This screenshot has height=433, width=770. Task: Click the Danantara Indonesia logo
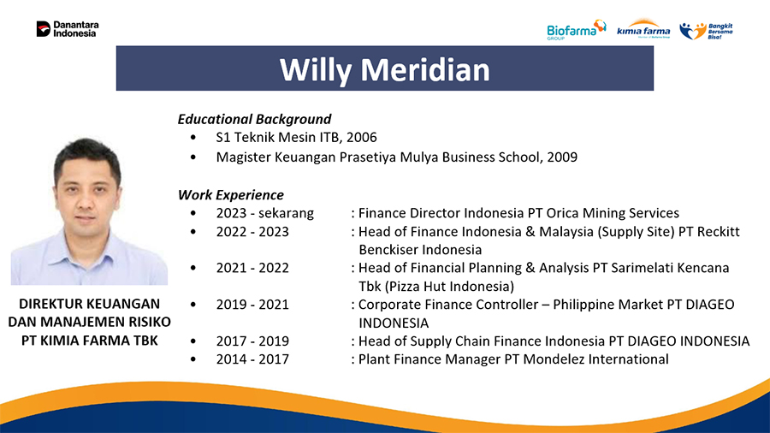[68, 29]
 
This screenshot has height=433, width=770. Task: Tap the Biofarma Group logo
[577, 29]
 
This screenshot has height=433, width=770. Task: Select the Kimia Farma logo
[643, 29]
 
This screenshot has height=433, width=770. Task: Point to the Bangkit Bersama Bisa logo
[706, 31]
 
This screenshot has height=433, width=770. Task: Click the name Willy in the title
[316, 69]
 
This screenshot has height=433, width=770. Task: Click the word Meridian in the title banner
[425, 69]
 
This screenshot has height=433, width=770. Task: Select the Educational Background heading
[254, 119]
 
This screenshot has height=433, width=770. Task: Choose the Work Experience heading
[231, 195]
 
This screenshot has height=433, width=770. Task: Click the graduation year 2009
[562, 157]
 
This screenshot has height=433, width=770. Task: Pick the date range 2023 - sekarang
[264, 213]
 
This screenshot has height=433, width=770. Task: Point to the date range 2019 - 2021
[252, 305]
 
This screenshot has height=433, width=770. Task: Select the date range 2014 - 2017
[252, 359]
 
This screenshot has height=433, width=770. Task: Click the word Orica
[563, 213]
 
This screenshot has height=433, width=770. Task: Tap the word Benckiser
[388, 250]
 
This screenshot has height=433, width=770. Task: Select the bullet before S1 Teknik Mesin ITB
[193, 138]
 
